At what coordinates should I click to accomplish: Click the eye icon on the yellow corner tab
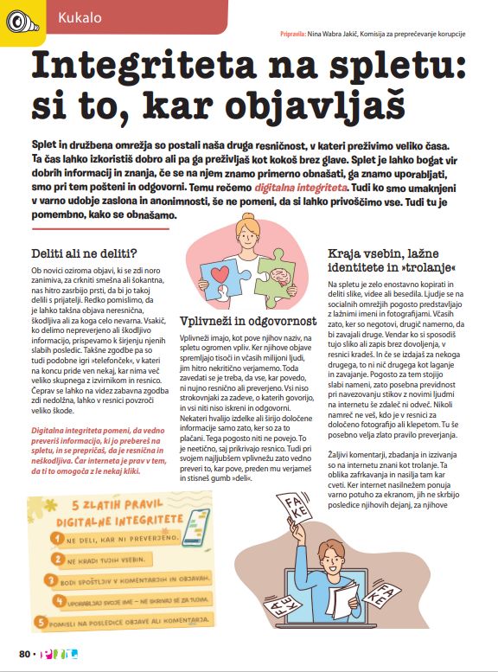click(16, 19)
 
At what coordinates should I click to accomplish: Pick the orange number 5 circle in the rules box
click(42, 621)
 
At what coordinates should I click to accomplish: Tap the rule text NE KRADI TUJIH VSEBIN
click(101, 560)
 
